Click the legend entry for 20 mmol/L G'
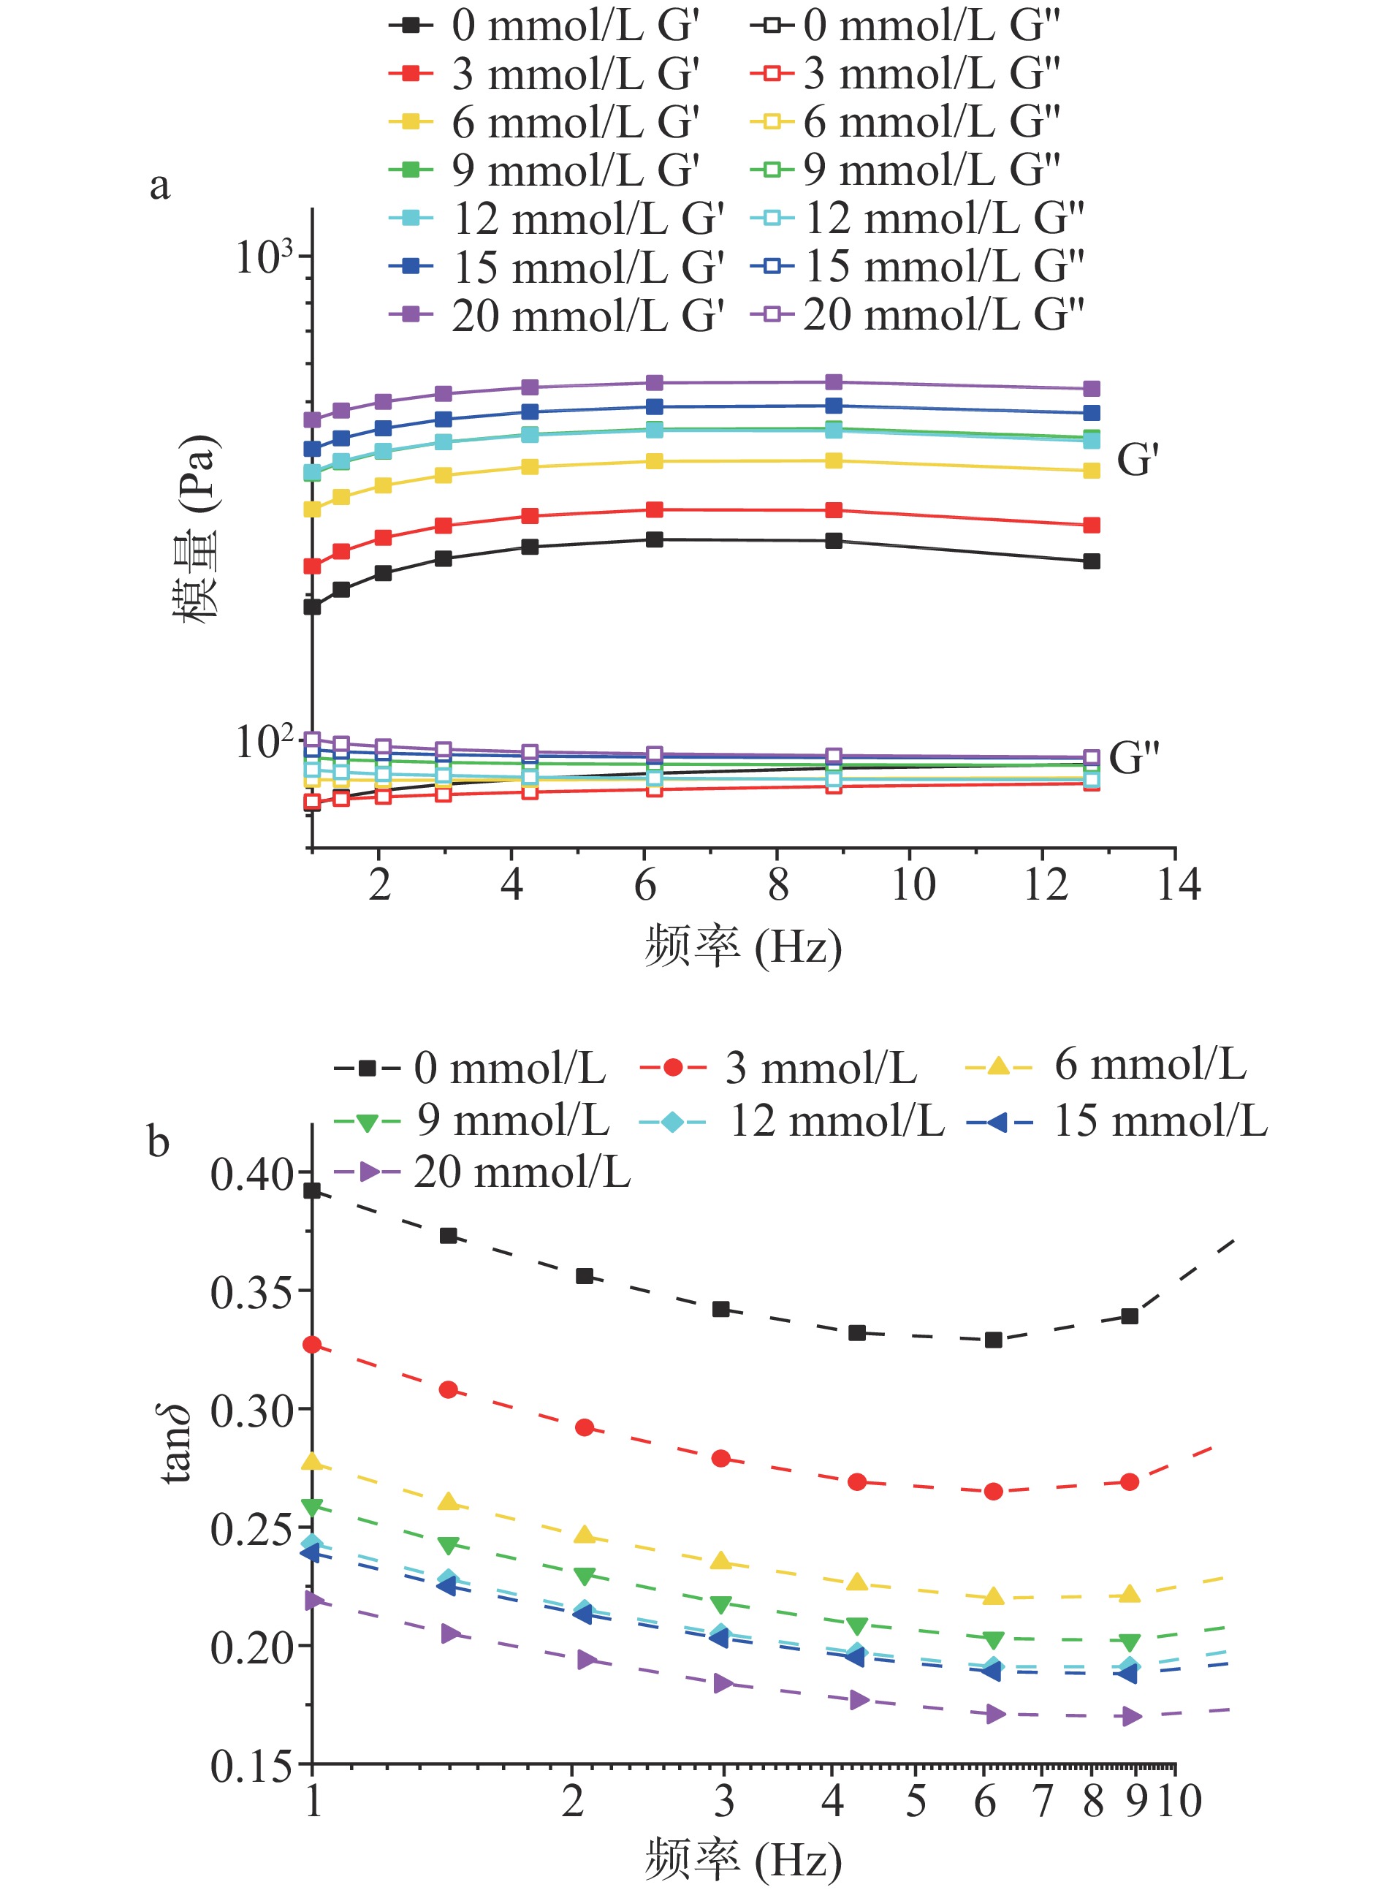pyautogui.click(x=556, y=316)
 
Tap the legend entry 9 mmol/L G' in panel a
pyautogui.click(x=544, y=170)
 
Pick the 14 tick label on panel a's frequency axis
pyautogui.click(x=1179, y=884)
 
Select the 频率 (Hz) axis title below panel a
pyautogui.click(x=742, y=947)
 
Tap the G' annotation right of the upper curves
pyautogui.click(x=1138, y=460)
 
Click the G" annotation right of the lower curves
pyautogui.click(x=1133, y=757)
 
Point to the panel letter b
pyautogui.click(x=158, y=1142)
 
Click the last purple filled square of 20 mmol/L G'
pyautogui.click(x=1091, y=389)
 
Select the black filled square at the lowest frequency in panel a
pyautogui.click(x=312, y=608)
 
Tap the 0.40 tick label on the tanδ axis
pyautogui.click(x=251, y=1175)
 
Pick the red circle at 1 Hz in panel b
pyautogui.click(x=312, y=1345)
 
